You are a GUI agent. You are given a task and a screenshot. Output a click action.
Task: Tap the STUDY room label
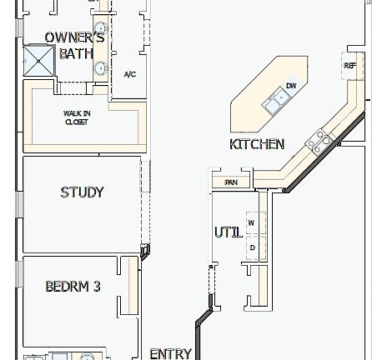[82, 192]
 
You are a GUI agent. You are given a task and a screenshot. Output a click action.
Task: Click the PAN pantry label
[232, 180]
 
